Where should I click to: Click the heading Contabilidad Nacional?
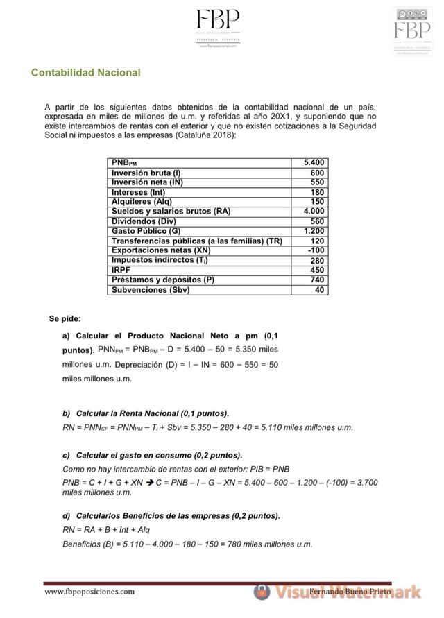[x=85, y=72]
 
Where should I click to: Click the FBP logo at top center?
[x=217, y=27]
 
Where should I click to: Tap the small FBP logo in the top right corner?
[x=411, y=31]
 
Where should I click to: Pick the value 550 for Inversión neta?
[x=316, y=182]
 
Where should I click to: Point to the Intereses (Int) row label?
[x=139, y=192]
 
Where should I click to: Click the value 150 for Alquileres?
[x=316, y=202]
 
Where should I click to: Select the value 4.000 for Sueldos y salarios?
[x=313, y=212]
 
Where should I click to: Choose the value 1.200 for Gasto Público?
[x=313, y=231]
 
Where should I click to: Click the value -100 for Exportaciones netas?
[x=316, y=250]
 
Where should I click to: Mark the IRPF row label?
[x=121, y=270]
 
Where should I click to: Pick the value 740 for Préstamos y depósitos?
[x=316, y=280]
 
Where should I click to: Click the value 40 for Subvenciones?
[x=319, y=290]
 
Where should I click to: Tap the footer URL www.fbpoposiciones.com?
[x=89, y=592]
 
